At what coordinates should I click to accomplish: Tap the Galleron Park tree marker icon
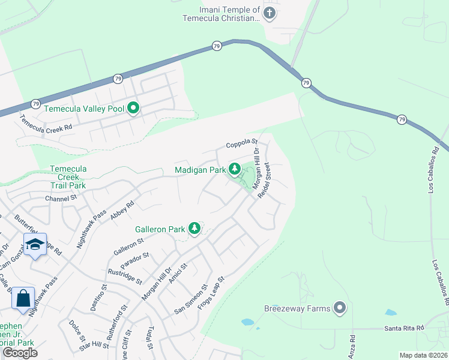tap(194, 228)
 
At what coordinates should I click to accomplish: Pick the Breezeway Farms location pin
tap(340, 308)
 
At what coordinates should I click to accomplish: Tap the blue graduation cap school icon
tap(35, 244)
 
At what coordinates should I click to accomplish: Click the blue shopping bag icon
tap(23, 298)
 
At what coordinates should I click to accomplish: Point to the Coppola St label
tap(241, 145)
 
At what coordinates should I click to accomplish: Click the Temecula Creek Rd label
tap(46, 124)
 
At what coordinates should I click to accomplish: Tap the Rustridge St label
tap(125, 276)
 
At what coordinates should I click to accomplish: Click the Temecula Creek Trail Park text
tap(68, 177)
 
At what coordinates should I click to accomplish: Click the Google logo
tap(20, 353)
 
